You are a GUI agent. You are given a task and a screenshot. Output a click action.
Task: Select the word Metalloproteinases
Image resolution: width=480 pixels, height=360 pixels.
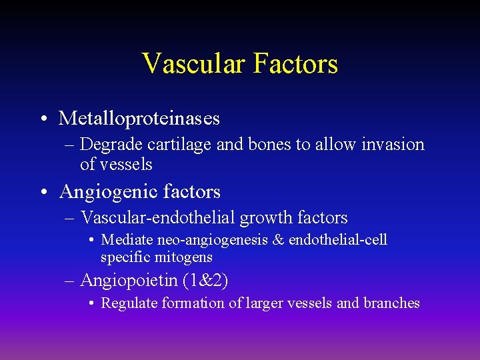pyautogui.click(x=139, y=119)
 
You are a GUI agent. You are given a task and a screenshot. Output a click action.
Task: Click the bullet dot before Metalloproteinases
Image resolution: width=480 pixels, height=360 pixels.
pyautogui.click(x=42, y=119)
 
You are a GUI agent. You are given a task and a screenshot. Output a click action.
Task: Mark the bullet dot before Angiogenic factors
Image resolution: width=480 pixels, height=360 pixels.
pyautogui.click(x=42, y=193)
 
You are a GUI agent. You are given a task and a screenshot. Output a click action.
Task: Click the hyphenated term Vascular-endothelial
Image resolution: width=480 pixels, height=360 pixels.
pyautogui.click(x=157, y=218)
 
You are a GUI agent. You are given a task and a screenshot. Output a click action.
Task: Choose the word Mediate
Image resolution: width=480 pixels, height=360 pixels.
pyautogui.click(x=127, y=240)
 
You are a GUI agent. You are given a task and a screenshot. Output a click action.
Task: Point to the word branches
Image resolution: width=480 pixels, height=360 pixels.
pyautogui.click(x=391, y=303)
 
